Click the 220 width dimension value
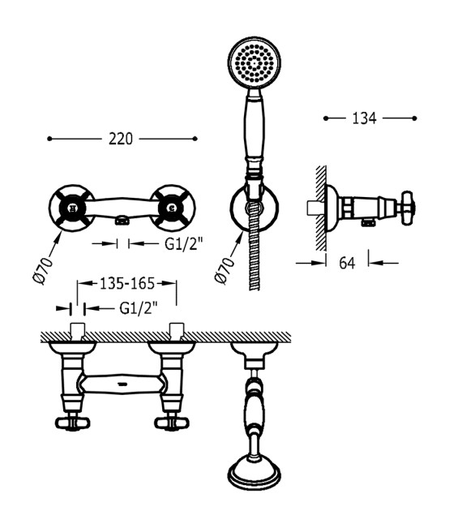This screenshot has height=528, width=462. tap(121, 139)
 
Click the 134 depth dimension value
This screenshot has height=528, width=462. tap(364, 118)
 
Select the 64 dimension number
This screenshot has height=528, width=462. tap(347, 263)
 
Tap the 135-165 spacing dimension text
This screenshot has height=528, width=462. tap(127, 284)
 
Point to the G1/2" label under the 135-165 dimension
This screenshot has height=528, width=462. tap(139, 307)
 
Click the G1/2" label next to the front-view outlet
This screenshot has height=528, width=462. tap(184, 243)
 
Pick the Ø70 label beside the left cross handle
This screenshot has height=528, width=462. tap(43, 271)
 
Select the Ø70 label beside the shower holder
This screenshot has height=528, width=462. tap(225, 271)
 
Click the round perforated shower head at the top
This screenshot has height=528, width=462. tap(254, 63)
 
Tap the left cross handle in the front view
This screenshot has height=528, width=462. tap(72, 208)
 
